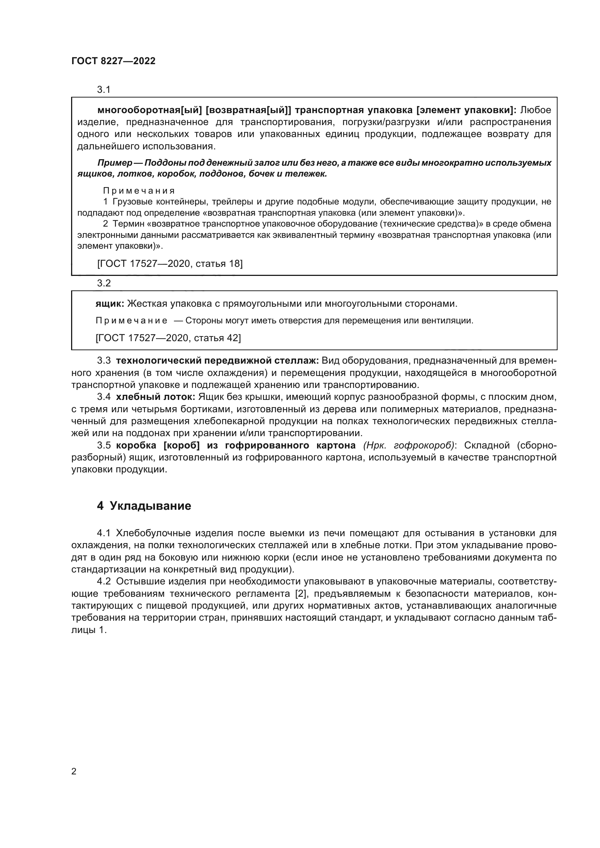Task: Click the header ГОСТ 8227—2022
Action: [x=114, y=61]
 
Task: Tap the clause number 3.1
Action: [x=104, y=90]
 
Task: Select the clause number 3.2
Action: [x=104, y=283]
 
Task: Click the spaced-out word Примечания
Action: [x=139, y=191]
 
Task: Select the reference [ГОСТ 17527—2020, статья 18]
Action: [x=170, y=263]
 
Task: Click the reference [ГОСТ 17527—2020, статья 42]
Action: [x=168, y=338]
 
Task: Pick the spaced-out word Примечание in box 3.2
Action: [x=131, y=320]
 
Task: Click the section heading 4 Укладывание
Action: [x=144, y=506]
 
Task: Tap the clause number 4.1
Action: [x=104, y=533]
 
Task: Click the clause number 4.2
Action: [x=104, y=581]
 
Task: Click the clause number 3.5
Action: [x=104, y=446]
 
